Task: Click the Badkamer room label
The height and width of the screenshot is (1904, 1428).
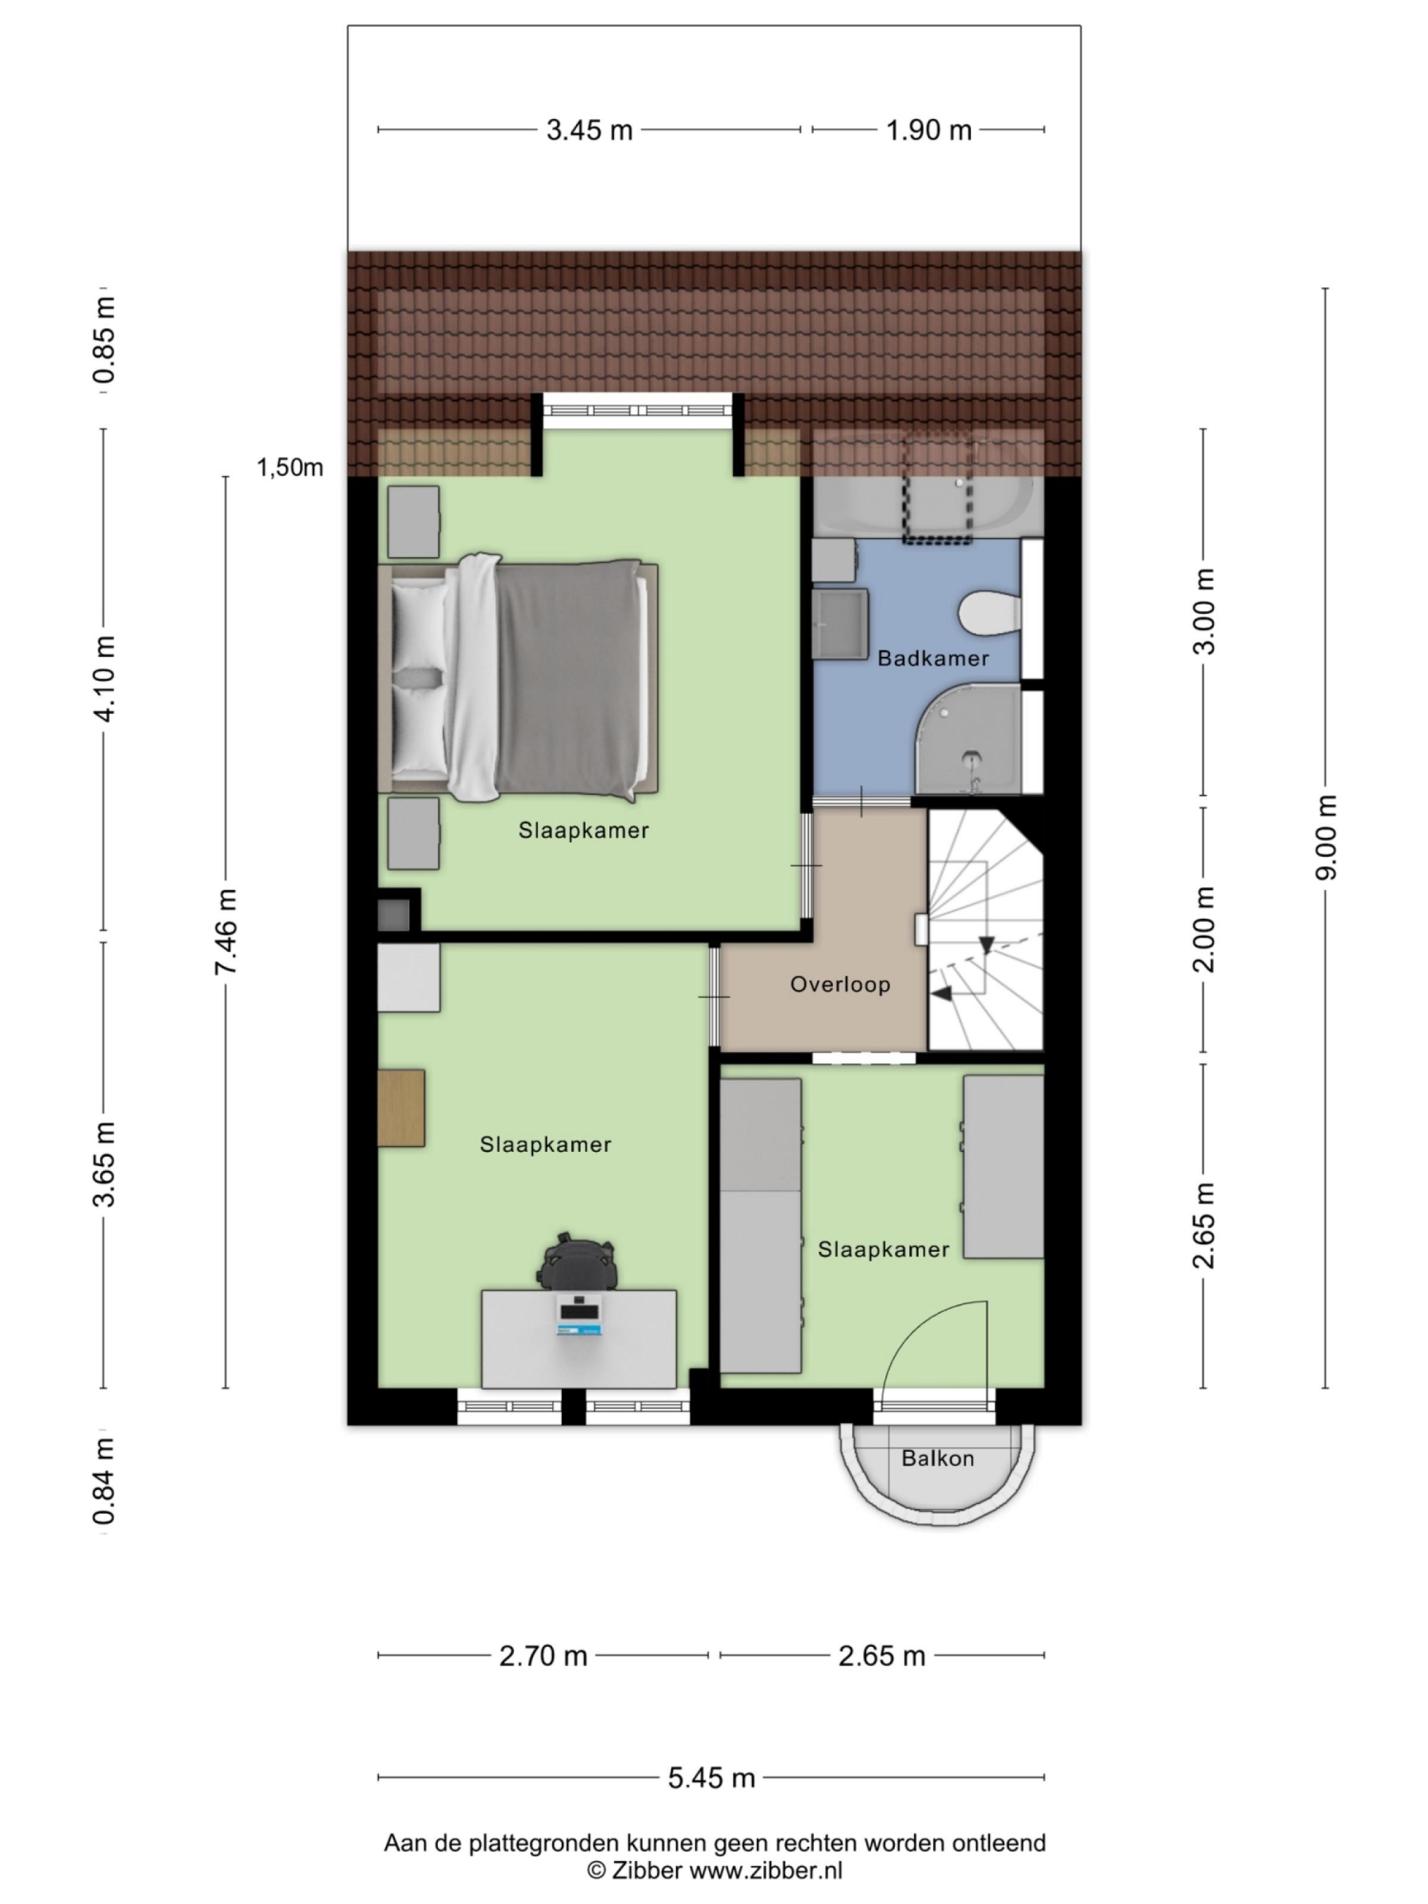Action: pyautogui.click(x=932, y=659)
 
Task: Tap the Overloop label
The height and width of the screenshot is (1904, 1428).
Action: pyautogui.click(x=839, y=984)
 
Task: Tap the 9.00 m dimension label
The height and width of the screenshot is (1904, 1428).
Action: pyautogui.click(x=1326, y=838)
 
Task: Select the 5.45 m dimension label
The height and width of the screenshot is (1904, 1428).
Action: pyautogui.click(x=711, y=1777)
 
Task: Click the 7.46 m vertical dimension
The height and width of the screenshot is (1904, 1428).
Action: pyautogui.click(x=226, y=932)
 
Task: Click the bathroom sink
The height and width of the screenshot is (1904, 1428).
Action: pyautogui.click(x=839, y=624)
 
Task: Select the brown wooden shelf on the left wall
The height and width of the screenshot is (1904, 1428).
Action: pyautogui.click(x=401, y=1108)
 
